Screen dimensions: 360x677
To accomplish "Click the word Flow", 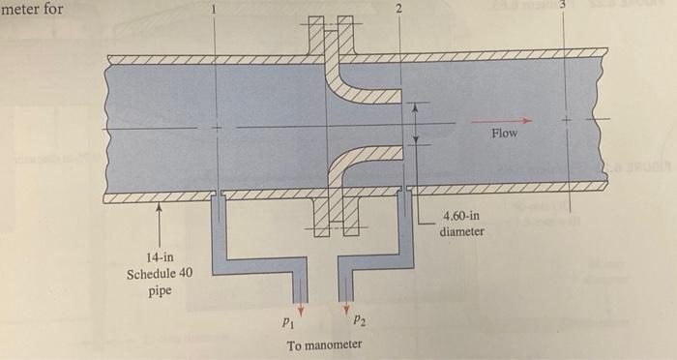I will (x=504, y=134).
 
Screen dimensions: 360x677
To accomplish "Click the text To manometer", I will (x=325, y=345).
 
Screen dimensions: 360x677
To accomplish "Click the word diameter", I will (x=462, y=233).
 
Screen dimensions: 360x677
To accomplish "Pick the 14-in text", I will (x=160, y=257).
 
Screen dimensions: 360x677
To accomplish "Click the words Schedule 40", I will (x=159, y=274).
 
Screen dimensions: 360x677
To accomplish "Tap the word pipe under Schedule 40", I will (x=159, y=290).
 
